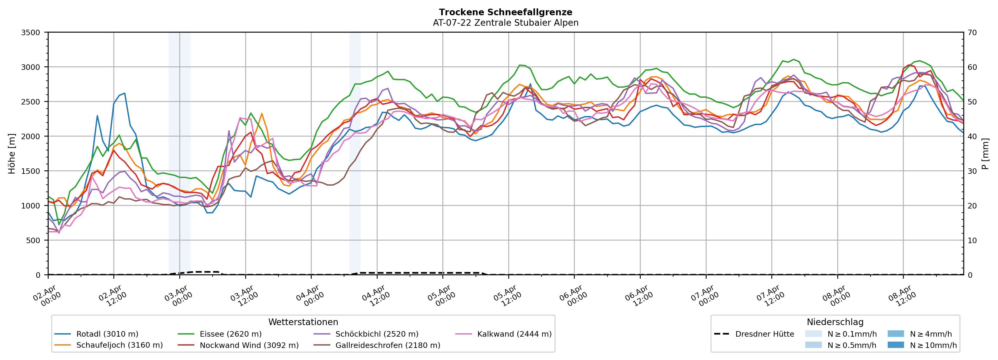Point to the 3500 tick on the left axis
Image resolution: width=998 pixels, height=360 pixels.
click(x=31, y=33)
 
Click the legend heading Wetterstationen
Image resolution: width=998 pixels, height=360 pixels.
click(x=303, y=322)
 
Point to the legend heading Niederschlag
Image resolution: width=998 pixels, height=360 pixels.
click(x=835, y=322)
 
